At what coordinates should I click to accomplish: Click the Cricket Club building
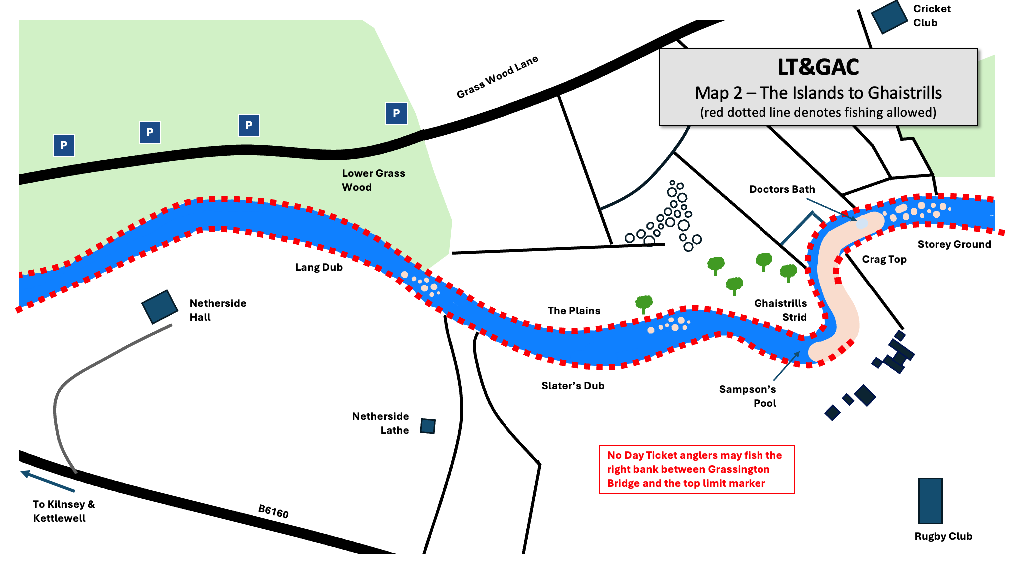[x=889, y=17]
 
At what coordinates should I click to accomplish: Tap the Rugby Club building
[x=930, y=500]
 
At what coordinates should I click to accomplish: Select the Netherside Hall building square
[x=160, y=307]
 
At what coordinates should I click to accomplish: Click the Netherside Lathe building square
[x=428, y=426]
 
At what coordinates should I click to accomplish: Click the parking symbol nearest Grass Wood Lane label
[x=396, y=113]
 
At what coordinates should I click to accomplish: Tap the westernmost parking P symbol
[x=64, y=145]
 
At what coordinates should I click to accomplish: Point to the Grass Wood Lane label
[x=497, y=77]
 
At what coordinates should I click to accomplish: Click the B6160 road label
[x=273, y=511]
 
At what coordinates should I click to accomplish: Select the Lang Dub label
[x=319, y=267]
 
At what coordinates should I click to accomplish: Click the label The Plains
[x=574, y=311]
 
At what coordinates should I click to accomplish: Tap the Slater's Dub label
[x=573, y=386]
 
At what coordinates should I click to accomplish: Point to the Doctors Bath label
[x=781, y=189]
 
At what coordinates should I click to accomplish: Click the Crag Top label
[x=884, y=259]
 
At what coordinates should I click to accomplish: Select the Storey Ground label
[x=954, y=244]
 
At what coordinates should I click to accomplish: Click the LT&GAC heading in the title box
[x=818, y=67]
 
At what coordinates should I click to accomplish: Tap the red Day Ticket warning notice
[x=697, y=469]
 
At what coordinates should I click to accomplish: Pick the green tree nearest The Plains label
[x=644, y=302]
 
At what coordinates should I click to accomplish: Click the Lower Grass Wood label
[x=373, y=180]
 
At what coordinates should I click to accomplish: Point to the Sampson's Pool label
[x=748, y=396]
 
